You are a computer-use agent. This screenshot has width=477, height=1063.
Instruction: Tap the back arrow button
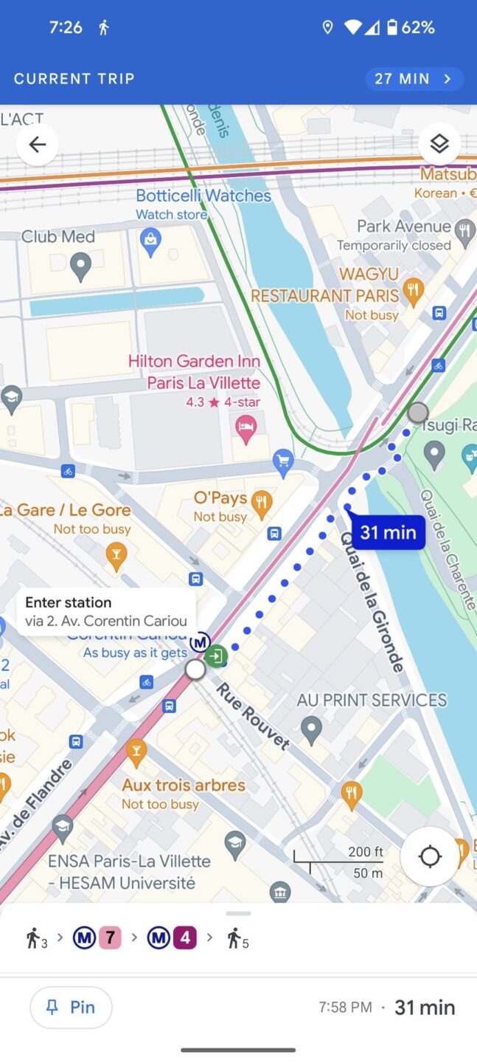tap(37, 145)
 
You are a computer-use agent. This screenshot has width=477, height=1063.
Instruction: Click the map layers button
tap(439, 144)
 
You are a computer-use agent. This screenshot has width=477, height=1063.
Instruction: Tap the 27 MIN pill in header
tap(414, 79)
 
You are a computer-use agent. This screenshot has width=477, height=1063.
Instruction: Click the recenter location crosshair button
tap(430, 857)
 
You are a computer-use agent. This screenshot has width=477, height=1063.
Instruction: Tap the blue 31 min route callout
tap(388, 532)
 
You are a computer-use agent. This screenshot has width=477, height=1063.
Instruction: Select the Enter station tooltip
tap(105, 611)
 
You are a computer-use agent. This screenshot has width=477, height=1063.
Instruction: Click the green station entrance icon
tap(216, 656)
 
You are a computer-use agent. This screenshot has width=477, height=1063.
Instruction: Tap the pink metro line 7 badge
tap(110, 938)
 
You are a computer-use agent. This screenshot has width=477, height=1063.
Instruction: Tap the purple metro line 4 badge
tap(184, 938)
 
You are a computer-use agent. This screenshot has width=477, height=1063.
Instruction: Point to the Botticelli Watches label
tap(203, 196)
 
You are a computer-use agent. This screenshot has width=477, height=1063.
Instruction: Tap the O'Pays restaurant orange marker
tap(260, 504)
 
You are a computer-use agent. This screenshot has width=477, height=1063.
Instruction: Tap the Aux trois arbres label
tap(184, 785)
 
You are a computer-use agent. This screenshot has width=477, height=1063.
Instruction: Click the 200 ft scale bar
tap(339, 861)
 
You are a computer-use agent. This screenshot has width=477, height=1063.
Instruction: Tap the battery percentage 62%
tap(417, 28)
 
